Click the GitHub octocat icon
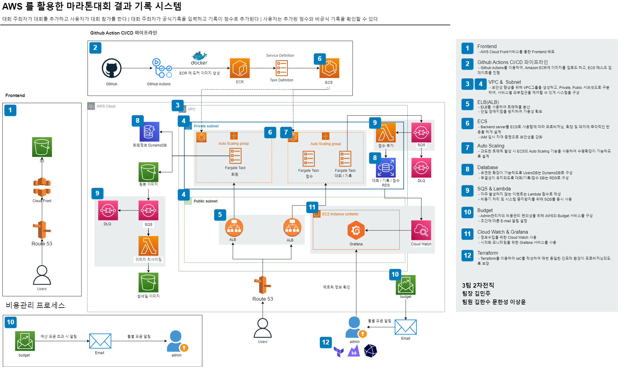[x=111, y=68]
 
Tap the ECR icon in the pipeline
[x=240, y=68]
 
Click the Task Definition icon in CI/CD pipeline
[x=282, y=68]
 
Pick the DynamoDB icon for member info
[x=149, y=132]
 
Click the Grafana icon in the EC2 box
[x=356, y=231]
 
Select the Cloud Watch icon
[x=421, y=230]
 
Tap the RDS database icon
[x=386, y=168]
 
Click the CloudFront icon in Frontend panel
[x=42, y=187]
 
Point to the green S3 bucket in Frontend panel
[x=42, y=147]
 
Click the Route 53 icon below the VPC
[x=263, y=285]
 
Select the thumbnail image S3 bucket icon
[x=148, y=282]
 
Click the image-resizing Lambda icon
[x=148, y=246]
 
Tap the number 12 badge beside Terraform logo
[x=326, y=342]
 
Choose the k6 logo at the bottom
[x=354, y=351]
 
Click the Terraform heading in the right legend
[x=487, y=253]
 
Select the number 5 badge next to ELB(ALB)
[x=467, y=104]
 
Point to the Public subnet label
[x=205, y=201]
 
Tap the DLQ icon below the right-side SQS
[x=421, y=168]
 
